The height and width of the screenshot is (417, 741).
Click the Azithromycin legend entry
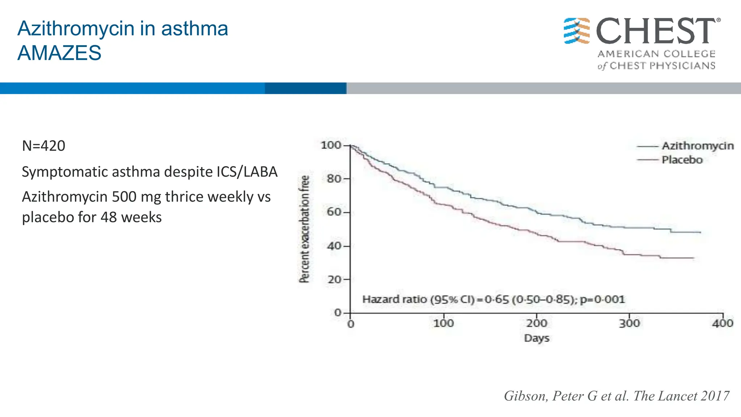(x=698, y=146)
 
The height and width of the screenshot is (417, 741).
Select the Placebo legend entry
(x=682, y=160)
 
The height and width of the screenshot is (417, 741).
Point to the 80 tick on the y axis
(x=334, y=178)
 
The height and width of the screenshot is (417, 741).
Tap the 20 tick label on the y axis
(x=334, y=279)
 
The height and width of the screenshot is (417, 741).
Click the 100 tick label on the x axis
(x=444, y=323)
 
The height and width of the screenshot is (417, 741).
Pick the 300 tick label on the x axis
(x=630, y=323)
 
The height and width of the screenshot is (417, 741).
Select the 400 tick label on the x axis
(x=723, y=323)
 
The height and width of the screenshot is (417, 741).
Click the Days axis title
(x=537, y=338)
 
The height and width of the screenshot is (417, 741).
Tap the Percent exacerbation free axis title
(x=305, y=229)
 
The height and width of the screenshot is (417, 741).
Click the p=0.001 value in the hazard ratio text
(x=602, y=300)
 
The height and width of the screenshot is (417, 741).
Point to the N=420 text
(x=43, y=146)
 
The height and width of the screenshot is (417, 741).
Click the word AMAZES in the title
(x=59, y=53)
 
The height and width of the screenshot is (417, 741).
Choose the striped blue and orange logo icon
(x=577, y=31)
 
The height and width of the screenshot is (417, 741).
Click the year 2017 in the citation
(x=715, y=396)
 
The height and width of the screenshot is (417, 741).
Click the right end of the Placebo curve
(x=693, y=258)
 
